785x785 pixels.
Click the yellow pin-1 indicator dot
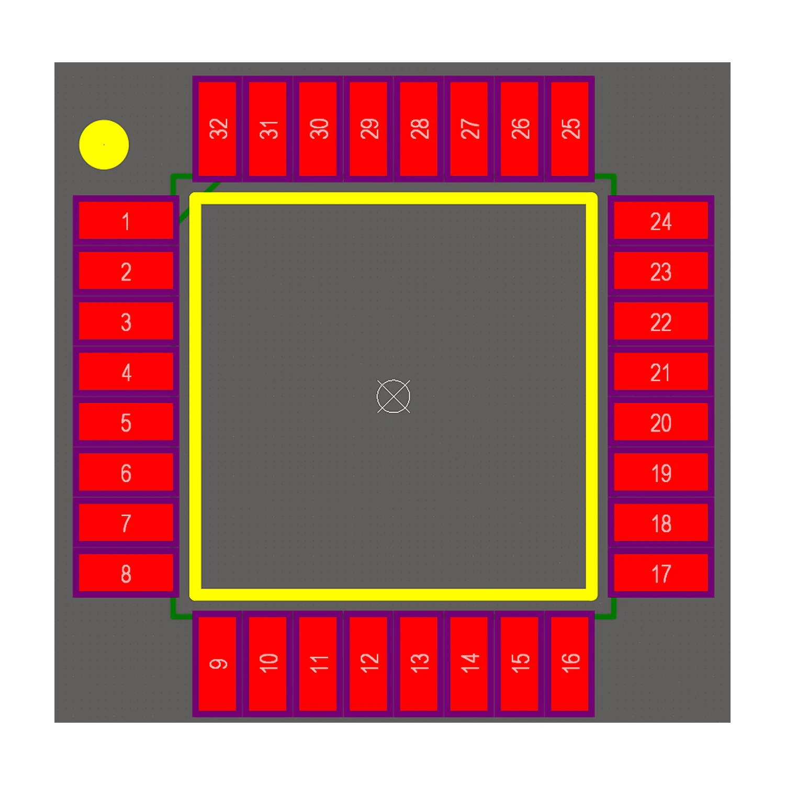pos(104,144)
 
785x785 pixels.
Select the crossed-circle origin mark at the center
pos(394,396)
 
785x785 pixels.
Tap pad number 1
pos(126,221)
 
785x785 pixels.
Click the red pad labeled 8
pos(126,573)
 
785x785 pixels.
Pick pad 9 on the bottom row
pos(217,664)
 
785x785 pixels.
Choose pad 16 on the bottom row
pos(570,664)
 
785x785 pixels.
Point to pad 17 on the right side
pos(661,573)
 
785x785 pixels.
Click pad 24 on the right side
pos(661,221)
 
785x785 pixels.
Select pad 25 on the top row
pos(570,129)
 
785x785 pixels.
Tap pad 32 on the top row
pos(217,129)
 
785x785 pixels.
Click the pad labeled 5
pos(126,422)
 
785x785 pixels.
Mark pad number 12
pos(368,664)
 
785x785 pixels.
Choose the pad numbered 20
pos(661,422)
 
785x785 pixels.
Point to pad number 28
pos(419,129)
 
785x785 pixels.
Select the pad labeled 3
pos(126,321)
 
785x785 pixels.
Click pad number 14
pos(469,664)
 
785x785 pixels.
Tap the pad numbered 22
pos(661,321)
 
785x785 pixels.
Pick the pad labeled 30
pos(318,129)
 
